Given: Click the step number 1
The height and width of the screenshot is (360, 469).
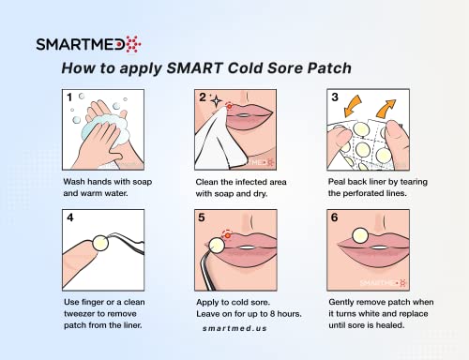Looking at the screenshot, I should tap(68, 97).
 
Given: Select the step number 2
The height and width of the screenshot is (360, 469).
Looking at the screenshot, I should tap(201, 97).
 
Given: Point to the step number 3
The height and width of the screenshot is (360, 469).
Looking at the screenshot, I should tap(334, 97).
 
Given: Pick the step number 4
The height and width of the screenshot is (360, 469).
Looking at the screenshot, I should tap(68, 219).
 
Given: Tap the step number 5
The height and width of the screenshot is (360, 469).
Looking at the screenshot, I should tap(201, 219).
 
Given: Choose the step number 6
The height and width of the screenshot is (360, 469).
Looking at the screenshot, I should tap(334, 219).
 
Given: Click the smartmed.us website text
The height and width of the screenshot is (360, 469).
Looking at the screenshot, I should tap(234, 344).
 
